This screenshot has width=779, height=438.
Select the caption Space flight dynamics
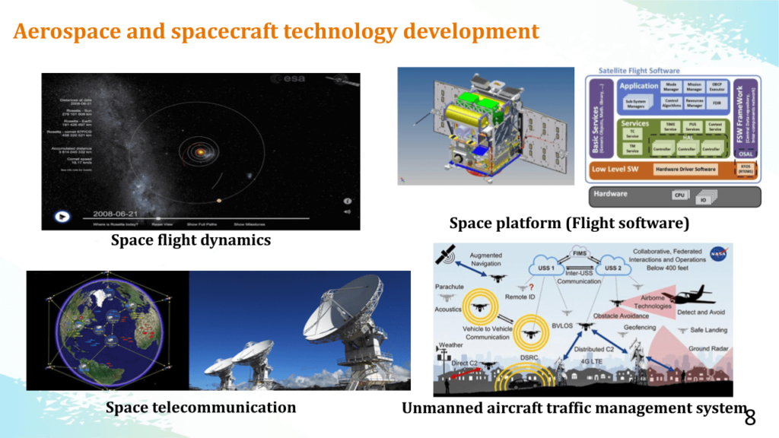pyautogui.click(x=190, y=240)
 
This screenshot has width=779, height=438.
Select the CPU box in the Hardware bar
pyautogui.click(x=681, y=195)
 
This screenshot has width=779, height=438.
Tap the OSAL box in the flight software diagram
pyautogui.click(x=746, y=152)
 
